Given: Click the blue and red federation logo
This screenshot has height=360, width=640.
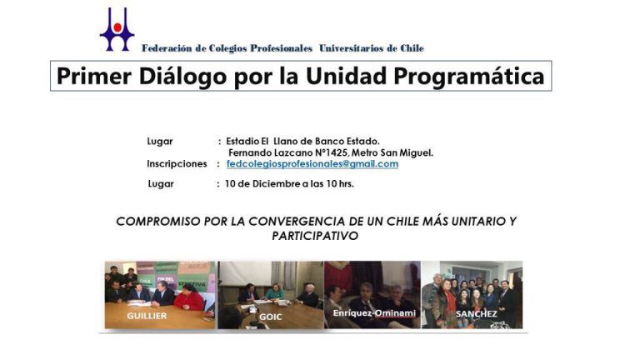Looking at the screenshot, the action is tap(117, 29).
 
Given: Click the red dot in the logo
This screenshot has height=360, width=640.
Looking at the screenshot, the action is tap(117, 27).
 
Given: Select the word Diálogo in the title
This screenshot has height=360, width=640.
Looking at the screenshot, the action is tap(182, 77).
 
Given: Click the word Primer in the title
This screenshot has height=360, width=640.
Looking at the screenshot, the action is tap(94, 77).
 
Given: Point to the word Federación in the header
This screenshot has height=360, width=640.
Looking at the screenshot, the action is tap(167, 48).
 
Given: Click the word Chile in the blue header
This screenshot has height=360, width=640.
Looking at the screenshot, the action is tap(412, 48).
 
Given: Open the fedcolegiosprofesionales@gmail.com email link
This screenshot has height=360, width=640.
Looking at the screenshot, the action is tap(312, 163).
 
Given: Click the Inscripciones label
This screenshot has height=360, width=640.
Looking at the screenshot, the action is tap(177, 163).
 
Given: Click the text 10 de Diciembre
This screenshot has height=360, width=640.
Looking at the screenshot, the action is tap(262, 183).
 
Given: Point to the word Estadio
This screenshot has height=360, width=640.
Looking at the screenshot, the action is tap(242, 141).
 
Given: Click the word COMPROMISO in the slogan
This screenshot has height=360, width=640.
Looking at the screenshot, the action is tap(158, 221).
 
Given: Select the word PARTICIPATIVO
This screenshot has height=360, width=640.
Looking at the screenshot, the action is tap(315, 236).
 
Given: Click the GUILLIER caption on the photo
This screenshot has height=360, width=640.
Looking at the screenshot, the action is tap(147, 316).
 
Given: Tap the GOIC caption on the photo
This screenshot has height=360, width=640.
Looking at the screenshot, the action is tap(270, 317).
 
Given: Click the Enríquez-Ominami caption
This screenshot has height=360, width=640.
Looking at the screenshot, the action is tap(374, 313).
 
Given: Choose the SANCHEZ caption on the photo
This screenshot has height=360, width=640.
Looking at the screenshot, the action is tap(477, 314).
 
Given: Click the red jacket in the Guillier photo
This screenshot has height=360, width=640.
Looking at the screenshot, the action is tap(189, 300).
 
